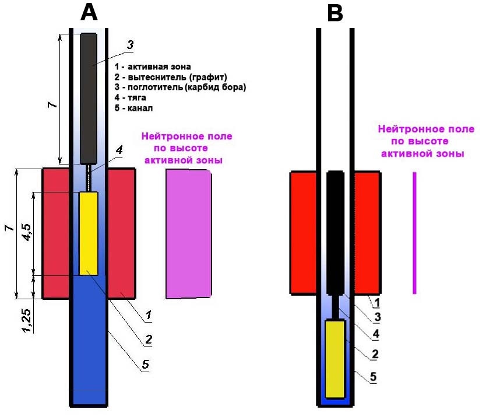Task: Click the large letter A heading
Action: coord(89,13)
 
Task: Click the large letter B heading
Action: coord(335,13)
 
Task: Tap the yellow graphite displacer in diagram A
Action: coord(89,233)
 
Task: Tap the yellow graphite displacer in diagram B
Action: coord(335,359)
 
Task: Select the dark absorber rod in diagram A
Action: coord(89,99)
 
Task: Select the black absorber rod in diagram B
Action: coord(336,232)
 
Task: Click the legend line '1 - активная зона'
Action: coord(153,66)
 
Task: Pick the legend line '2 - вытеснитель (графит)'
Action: coord(171,77)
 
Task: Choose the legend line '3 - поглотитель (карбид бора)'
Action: coord(180,87)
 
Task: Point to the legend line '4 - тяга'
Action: coord(130,98)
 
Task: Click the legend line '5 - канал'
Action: coord(133,108)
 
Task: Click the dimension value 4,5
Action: coord(27,232)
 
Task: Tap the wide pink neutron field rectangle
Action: coord(189,234)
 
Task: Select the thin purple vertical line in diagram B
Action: coord(414,233)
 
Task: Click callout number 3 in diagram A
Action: coord(130,45)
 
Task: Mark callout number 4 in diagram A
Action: coord(119,150)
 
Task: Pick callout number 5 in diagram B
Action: coord(373,377)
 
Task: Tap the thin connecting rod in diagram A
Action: coord(89,178)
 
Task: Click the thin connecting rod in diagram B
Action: coord(335,307)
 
